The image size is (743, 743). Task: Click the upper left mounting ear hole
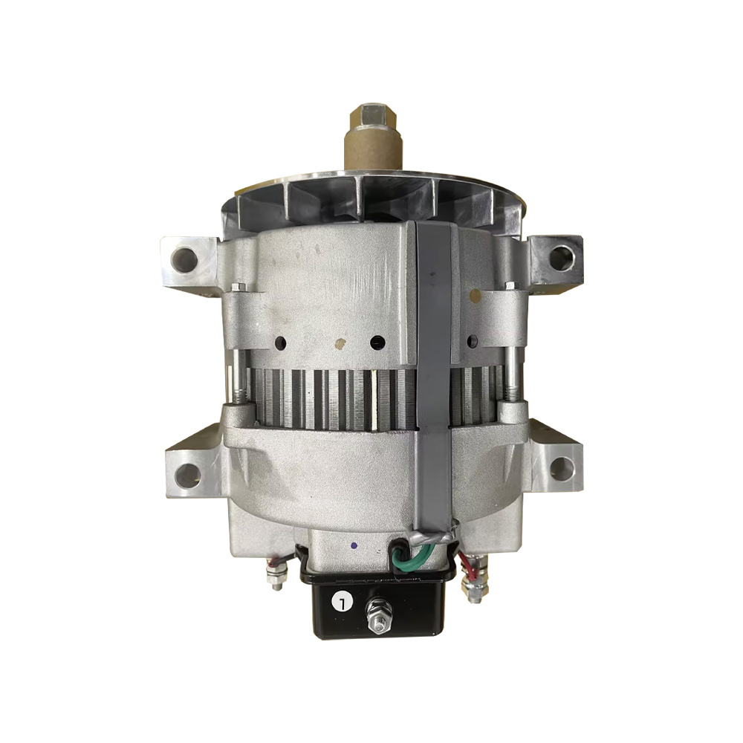[x=184, y=259]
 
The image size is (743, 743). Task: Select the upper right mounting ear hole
[x=561, y=257]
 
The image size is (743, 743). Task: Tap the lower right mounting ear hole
[x=562, y=469]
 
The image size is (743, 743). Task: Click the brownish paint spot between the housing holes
[x=341, y=344]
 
